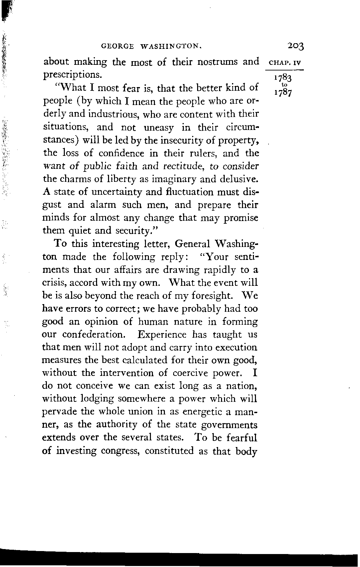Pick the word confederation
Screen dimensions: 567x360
pos(94,335)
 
